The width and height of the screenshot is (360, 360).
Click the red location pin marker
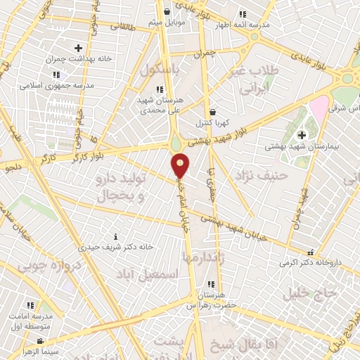coord(180,165)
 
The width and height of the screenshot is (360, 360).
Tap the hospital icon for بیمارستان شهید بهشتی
coord(302,134)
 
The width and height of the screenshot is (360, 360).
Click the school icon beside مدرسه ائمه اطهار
coord(243,13)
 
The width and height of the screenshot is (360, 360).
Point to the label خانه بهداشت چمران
coord(77,58)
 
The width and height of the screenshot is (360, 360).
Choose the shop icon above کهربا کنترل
coord(212,112)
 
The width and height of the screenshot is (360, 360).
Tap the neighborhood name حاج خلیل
coord(307,293)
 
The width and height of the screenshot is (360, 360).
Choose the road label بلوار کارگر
coord(86,154)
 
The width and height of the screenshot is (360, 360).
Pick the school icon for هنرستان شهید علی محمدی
coord(160,89)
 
